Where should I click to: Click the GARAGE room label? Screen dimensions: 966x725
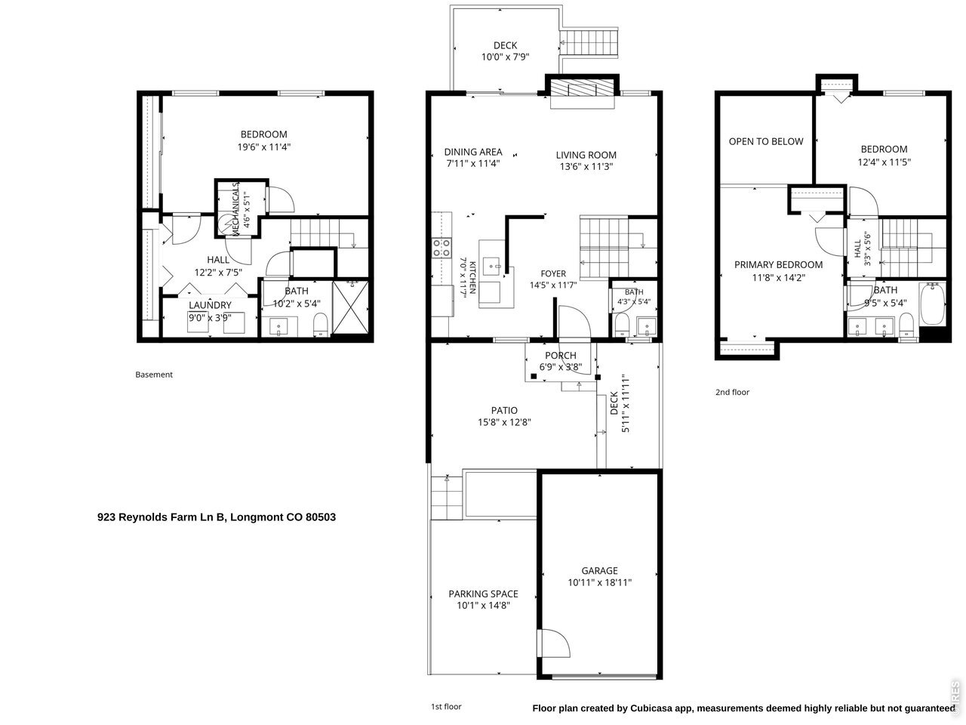click(x=599, y=570)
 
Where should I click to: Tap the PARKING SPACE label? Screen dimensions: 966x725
click(x=483, y=594)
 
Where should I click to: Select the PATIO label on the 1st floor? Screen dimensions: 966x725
click(x=504, y=410)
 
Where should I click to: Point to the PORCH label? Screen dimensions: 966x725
click(x=560, y=355)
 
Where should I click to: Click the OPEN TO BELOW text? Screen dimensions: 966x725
click(x=766, y=141)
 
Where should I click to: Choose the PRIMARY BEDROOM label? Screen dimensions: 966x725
click(x=778, y=264)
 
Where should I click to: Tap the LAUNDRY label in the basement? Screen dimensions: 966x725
click(x=210, y=305)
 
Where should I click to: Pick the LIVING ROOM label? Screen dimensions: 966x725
click(x=586, y=155)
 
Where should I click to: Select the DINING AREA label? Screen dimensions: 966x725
click(x=473, y=152)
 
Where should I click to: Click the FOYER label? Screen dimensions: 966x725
click(x=553, y=273)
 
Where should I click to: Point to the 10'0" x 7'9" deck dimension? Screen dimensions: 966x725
click(x=505, y=57)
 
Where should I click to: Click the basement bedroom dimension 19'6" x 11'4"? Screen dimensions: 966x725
click(x=264, y=147)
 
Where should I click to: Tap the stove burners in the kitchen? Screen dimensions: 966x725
click(x=441, y=248)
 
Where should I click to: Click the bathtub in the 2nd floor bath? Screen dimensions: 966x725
click(x=932, y=304)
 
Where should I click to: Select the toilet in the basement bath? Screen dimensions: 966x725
click(x=321, y=324)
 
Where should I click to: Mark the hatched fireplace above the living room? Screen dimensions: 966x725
click(x=582, y=88)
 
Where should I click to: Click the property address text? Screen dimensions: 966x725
click(x=217, y=517)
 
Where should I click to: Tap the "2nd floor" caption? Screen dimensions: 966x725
click(x=732, y=392)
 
